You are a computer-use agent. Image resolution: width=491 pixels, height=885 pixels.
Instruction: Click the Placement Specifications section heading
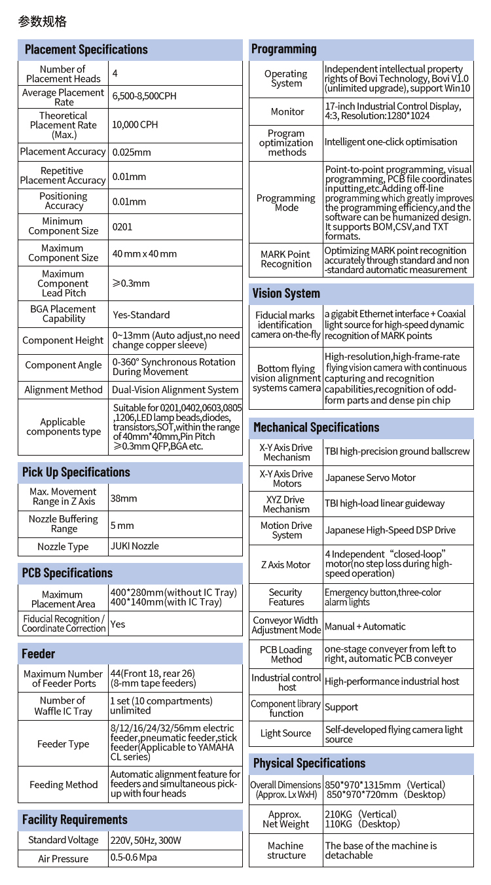pos(86,50)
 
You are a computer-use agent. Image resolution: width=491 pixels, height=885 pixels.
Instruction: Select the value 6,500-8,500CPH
pos(144,96)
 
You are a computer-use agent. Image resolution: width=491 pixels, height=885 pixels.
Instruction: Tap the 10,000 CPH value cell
pos(135,124)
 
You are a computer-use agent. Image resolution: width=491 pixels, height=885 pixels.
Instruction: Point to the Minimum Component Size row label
pos(63,226)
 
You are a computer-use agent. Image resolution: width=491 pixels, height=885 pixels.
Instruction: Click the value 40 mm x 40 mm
pos(145,253)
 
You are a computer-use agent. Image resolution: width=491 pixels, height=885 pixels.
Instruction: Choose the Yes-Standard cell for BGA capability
pos(141,314)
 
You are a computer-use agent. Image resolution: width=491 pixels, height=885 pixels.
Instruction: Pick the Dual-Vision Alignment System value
pos(175,389)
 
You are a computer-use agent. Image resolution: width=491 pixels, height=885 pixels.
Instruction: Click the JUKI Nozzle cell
pos(135,546)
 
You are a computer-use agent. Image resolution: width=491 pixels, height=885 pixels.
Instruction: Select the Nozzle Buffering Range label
pos(64,524)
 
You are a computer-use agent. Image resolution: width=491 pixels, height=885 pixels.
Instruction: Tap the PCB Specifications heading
pos(67,573)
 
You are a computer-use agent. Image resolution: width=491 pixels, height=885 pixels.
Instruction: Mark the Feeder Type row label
pos(64,744)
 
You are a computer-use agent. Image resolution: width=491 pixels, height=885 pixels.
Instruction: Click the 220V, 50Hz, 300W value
pos(145,840)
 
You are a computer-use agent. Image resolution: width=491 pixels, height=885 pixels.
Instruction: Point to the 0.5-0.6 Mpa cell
pos(134,858)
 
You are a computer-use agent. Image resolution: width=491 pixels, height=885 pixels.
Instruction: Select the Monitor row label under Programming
pos(287,111)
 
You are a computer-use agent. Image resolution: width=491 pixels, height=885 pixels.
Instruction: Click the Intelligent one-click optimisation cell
pos(391,142)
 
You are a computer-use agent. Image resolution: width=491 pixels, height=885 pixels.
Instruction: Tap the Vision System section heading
pos(286,293)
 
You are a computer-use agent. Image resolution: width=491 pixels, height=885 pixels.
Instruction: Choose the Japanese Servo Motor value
pos(371,478)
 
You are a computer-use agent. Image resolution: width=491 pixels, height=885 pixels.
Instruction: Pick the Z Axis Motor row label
pos(285,564)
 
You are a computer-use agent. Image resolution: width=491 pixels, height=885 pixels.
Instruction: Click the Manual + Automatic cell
pos(365,626)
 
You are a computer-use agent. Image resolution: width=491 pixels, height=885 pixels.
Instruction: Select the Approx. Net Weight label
pos(285,819)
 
